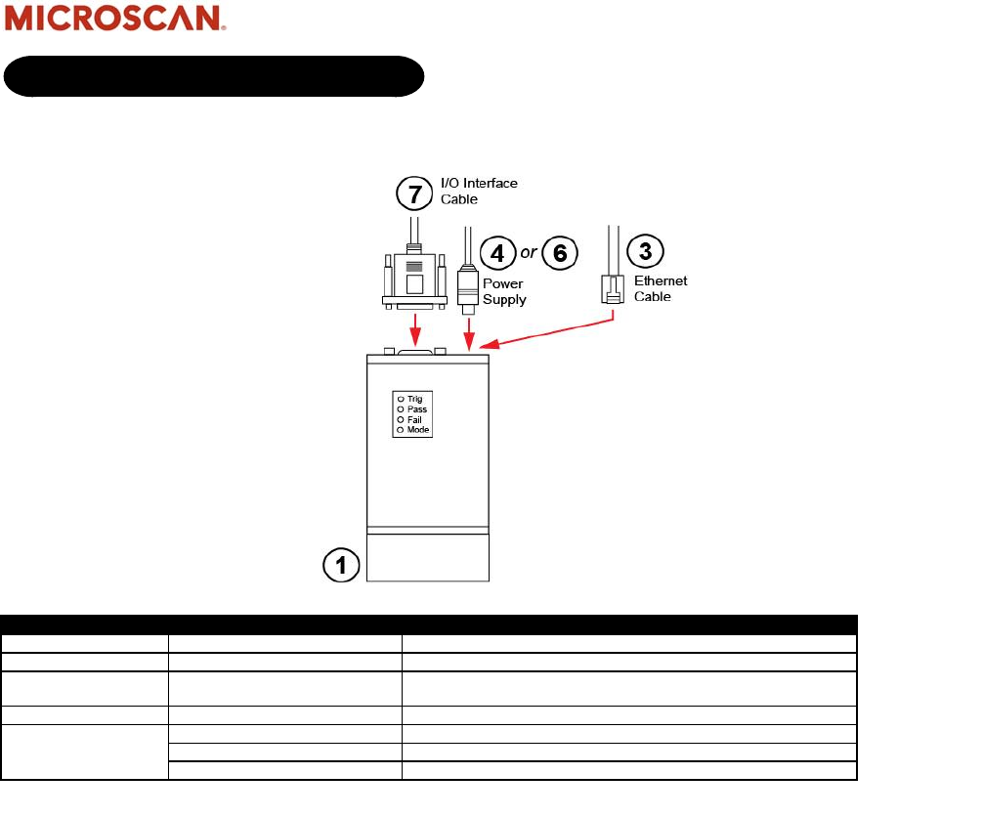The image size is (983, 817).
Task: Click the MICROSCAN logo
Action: click(x=116, y=19)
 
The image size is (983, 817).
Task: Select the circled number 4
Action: click(x=498, y=253)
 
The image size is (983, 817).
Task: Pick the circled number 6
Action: click(x=559, y=253)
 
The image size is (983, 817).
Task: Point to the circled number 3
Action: click(x=645, y=249)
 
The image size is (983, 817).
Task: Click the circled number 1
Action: click(x=342, y=565)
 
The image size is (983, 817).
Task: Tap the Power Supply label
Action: click(x=504, y=292)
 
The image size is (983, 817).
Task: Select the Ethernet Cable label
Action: click(x=661, y=288)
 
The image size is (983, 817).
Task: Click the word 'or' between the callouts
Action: click(x=529, y=253)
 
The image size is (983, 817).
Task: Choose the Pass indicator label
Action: click(x=417, y=409)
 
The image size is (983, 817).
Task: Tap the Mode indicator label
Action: click(x=418, y=430)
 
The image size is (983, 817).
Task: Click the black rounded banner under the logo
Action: click(x=214, y=76)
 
